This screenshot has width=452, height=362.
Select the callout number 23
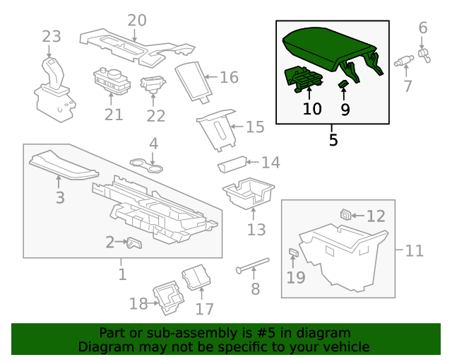pyautogui.click(x=52, y=37)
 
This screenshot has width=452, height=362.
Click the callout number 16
pyautogui.click(x=229, y=77)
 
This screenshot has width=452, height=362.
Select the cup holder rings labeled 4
pyautogui.click(x=146, y=166)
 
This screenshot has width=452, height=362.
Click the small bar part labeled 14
pyautogui.click(x=230, y=165)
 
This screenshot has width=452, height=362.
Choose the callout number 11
pyautogui.click(x=414, y=250)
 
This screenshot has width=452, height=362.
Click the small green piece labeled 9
pyautogui.click(x=343, y=86)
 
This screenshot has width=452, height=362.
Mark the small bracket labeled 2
pyautogui.click(x=133, y=243)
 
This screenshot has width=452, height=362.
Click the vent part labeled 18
pyautogui.click(x=169, y=297)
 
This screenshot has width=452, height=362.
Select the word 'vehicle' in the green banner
pyautogui.click(x=346, y=347)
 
